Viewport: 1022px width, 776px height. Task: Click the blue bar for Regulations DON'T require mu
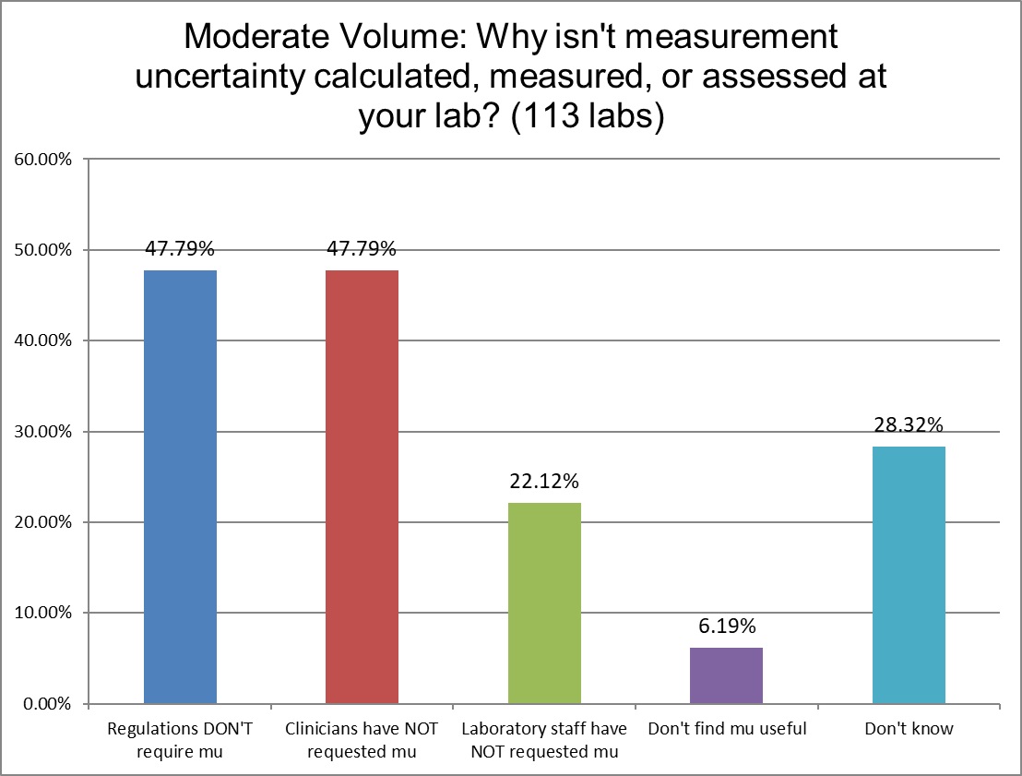[x=180, y=487]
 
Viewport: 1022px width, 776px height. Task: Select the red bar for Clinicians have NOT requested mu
[x=362, y=487]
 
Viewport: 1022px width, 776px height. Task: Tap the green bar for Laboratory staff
[x=544, y=603]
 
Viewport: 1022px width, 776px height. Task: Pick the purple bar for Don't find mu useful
[x=727, y=675]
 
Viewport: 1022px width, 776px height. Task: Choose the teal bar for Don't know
[x=909, y=575]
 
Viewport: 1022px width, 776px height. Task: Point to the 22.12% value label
[x=544, y=482]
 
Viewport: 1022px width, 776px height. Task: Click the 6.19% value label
[x=727, y=627]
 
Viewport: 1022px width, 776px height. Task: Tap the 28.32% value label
[x=909, y=425]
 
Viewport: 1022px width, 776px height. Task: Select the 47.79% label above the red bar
[x=362, y=248]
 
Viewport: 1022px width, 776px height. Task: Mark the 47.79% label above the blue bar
[x=180, y=248]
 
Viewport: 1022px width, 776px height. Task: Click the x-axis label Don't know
[x=909, y=729]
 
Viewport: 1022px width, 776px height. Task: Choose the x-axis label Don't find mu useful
[x=727, y=729]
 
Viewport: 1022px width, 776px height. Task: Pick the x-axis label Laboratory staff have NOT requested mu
[x=544, y=739]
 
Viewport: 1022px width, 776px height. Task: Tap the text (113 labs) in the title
[x=590, y=120]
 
